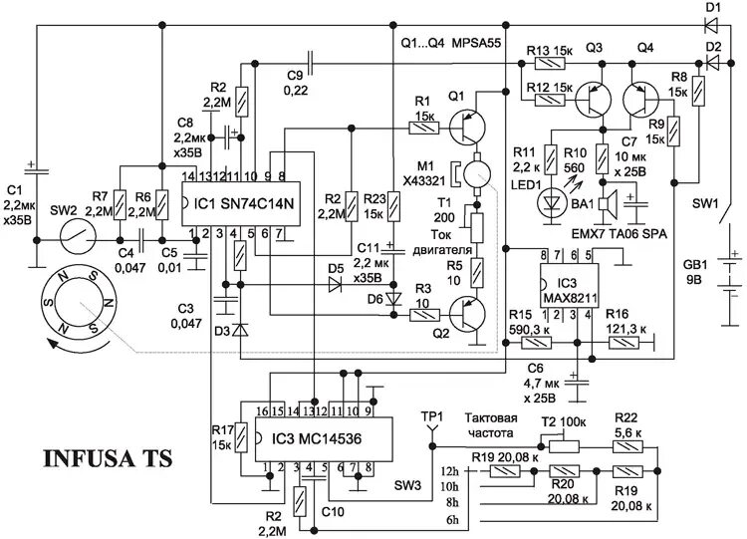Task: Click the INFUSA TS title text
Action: pyautogui.click(x=108, y=459)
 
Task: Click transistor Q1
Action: pyautogui.click(x=463, y=127)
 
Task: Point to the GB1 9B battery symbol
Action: pyautogui.click(x=729, y=272)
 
